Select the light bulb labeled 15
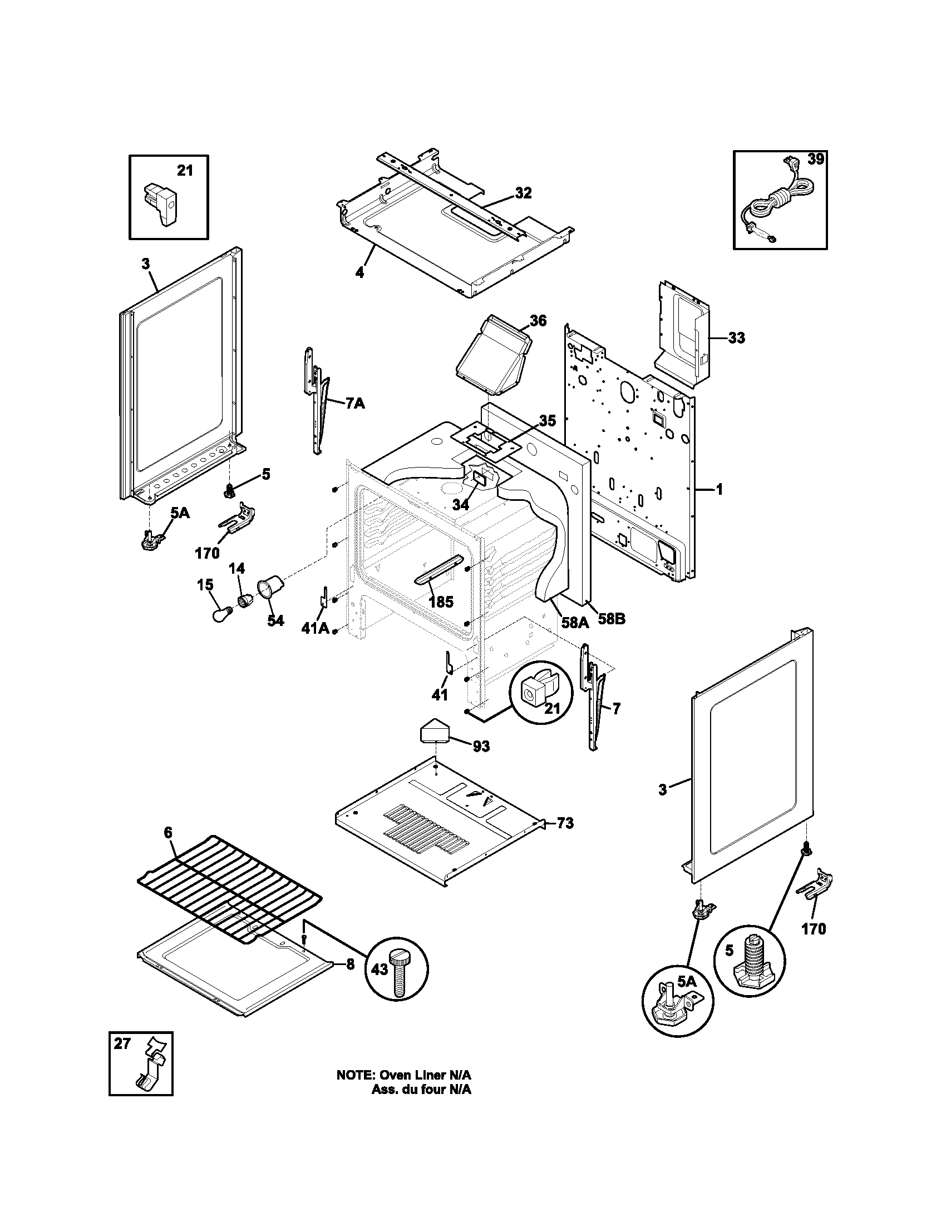pos(219,614)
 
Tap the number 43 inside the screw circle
pos(380,968)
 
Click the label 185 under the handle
pos(441,602)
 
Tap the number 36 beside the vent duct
pos(538,320)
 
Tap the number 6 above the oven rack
pos(168,848)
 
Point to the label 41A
pos(315,628)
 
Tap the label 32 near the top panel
pos(523,193)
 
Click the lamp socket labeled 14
pos(246,601)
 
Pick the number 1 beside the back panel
pos(719,489)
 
